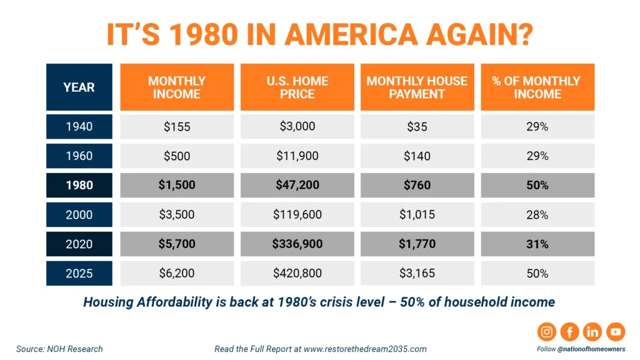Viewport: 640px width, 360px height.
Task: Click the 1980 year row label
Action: tap(79, 185)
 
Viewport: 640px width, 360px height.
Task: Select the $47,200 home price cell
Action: tap(297, 185)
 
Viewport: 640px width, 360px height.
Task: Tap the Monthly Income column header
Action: tap(177, 87)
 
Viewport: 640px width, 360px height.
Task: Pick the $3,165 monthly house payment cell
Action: tap(417, 273)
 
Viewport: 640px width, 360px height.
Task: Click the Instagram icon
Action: tap(547, 332)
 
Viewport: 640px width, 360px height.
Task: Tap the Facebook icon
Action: tap(569, 332)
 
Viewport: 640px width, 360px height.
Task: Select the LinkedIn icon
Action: tap(592, 332)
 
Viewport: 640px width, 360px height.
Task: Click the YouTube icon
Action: tap(615, 332)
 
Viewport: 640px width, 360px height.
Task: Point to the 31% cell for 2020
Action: tap(537, 244)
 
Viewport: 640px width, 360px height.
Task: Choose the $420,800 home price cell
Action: tap(297, 273)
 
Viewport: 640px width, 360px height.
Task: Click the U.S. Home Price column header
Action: tap(297, 87)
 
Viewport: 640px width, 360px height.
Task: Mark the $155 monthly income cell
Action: tap(177, 126)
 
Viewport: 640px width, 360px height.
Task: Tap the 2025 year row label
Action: tap(79, 273)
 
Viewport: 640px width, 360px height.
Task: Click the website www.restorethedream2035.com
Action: tap(366, 349)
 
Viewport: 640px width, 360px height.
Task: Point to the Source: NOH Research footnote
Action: tap(60, 349)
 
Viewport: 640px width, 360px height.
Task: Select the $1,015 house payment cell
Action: tap(417, 214)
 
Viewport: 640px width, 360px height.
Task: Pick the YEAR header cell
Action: tap(79, 87)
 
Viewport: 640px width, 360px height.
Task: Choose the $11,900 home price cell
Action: tap(297, 156)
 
